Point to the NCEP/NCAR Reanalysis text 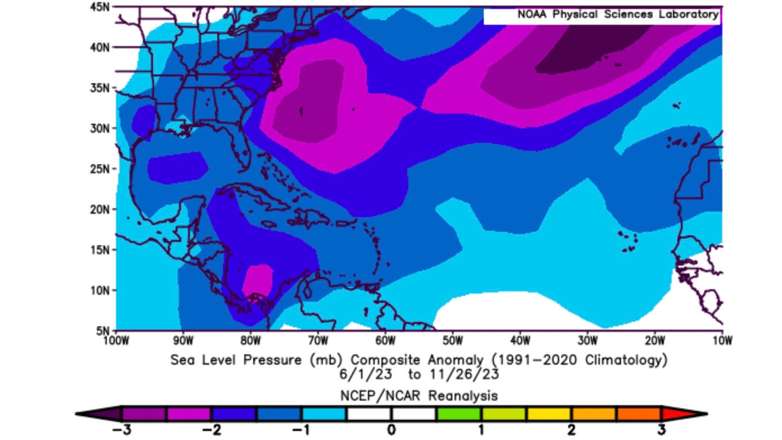click(419, 396)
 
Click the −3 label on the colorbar click(119, 430)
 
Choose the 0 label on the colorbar click(391, 430)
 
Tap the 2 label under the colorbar click(571, 430)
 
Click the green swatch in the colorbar click(459, 414)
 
